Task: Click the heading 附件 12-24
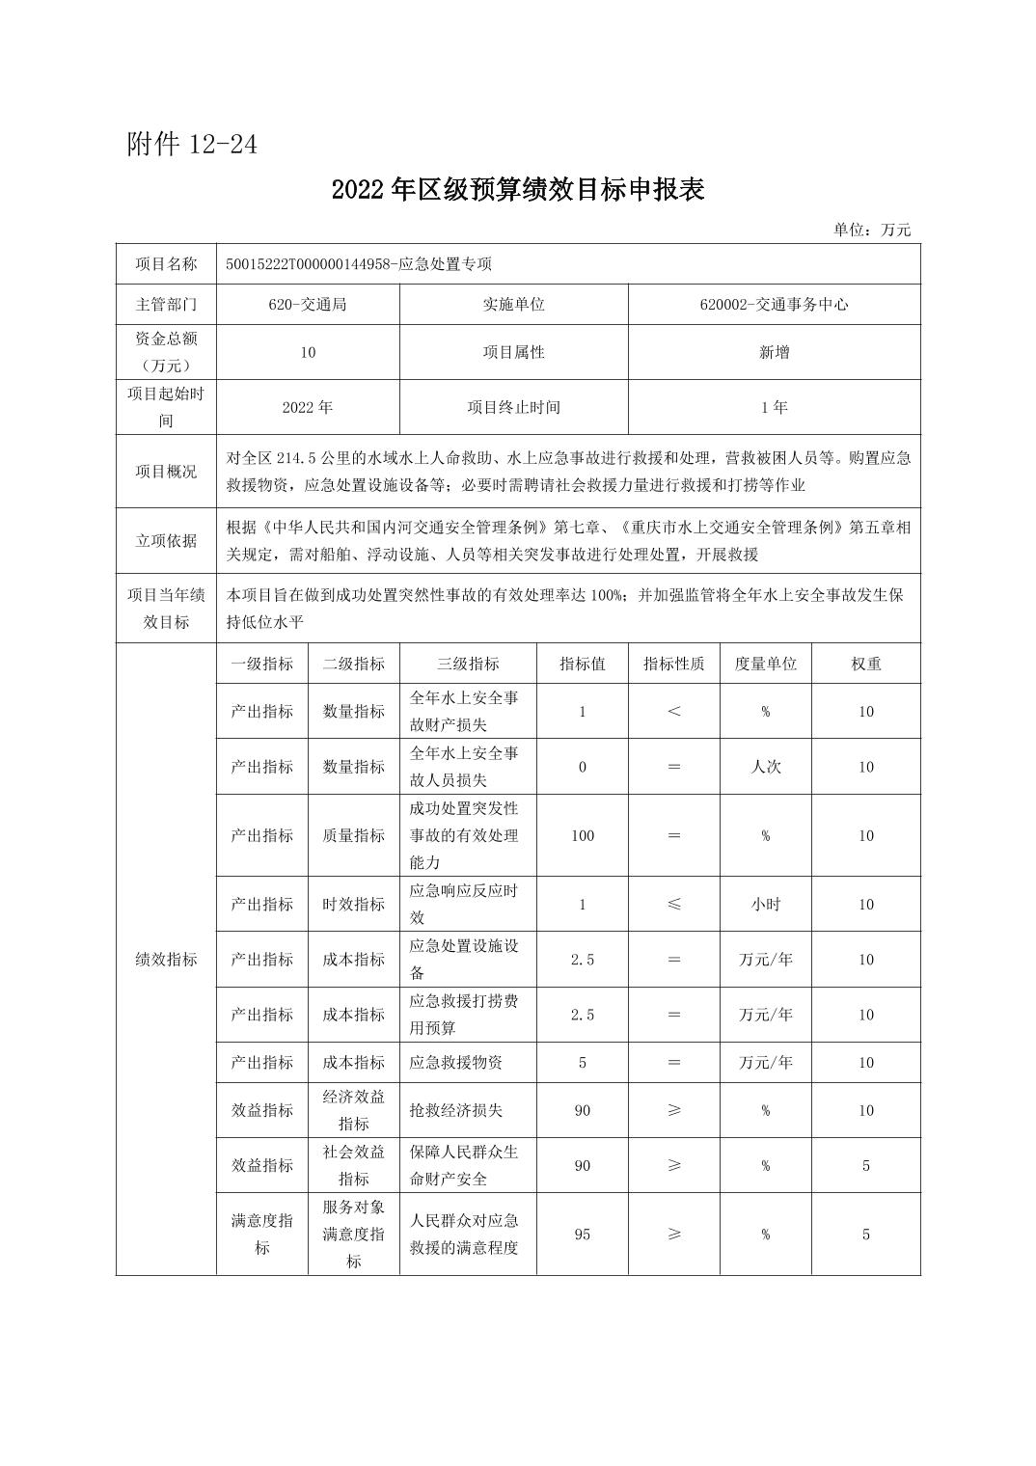point(192,145)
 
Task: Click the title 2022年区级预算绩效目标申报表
point(518,189)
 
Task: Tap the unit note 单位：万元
point(872,230)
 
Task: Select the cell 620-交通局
point(308,304)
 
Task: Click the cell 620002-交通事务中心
point(774,304)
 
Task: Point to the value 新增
point(774,352)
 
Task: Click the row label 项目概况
point(166,472)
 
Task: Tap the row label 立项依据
point(166,540)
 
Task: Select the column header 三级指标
point(468,664)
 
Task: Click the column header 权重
point(865,664)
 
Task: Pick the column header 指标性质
point(673,664)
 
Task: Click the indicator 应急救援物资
point(456,1063)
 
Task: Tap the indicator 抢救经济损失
point(456,1110)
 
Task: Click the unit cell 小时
point(765,905)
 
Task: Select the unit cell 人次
point(765,767)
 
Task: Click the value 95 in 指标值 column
point(582,1235)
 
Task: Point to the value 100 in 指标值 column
point(582,835)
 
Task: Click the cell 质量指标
point(353,835)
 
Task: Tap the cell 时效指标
point(353,905)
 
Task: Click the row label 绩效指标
point(166,960)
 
